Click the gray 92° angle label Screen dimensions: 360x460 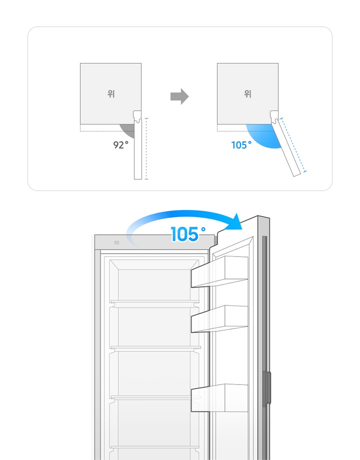point(121,144)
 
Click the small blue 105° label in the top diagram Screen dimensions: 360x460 point(241,145)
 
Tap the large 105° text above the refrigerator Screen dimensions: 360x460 point(188,234)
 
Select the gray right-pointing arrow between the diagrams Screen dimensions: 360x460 point(179,96)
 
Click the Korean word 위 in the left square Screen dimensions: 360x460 point(111,93)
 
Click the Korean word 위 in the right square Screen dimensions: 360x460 point(248,93)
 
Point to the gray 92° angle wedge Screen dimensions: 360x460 point(128,130)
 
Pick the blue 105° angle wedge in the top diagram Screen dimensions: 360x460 point(262,135)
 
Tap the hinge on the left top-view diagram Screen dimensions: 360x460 point(137,116)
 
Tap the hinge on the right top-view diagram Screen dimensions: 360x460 point(274,117)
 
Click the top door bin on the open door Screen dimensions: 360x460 point(219,271)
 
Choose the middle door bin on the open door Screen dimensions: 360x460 point(219,319)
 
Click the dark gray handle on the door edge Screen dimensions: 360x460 point(266,388)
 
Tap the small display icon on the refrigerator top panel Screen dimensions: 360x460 point(117,242)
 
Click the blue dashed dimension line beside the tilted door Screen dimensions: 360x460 point(293,145)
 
